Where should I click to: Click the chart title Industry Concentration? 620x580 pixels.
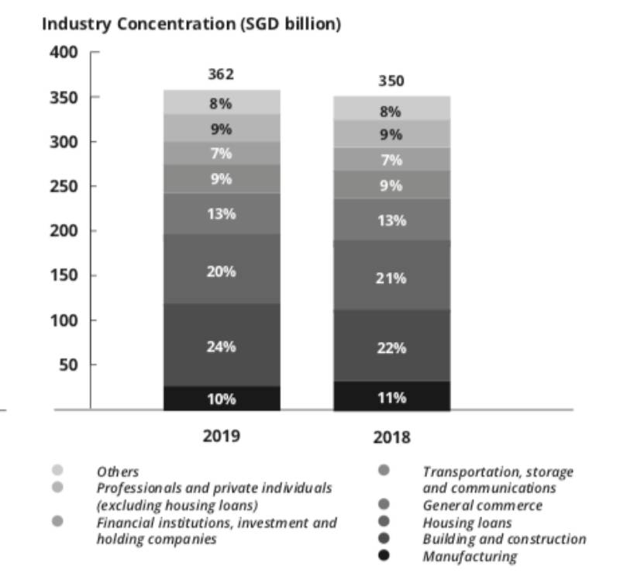[x=191, y=24]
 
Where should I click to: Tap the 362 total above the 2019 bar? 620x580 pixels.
[x=221, y=75]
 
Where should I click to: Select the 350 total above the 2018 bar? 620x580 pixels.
[x=391, y=81]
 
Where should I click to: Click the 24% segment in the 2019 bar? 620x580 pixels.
[x=221, y=347]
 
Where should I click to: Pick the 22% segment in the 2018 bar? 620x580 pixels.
[x=391, y=348]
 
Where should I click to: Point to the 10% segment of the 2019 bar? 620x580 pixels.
[x=221, y=399]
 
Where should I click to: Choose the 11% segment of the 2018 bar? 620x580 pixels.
[x=391, y=398]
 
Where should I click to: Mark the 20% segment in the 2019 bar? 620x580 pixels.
[x=221, y=272]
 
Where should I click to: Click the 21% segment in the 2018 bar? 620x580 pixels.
[x=391, y=278]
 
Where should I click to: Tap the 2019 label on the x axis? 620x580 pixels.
[x=221, y=436]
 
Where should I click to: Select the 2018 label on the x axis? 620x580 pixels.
[x=391, y=437]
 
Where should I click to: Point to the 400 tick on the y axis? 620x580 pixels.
[x=64, y=53]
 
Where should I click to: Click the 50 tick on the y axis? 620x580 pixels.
[x=69, y=364]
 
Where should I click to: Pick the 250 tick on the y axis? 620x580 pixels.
[x=64, y=187]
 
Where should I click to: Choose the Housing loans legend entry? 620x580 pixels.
[x=467, y=523]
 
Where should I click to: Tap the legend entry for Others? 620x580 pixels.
[x=118, y=471]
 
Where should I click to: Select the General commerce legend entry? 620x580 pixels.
[x=482, y=506]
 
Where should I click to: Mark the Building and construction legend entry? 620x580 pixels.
[x=504, y=539]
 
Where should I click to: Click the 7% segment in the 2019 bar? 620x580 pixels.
[x=221, y=154]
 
